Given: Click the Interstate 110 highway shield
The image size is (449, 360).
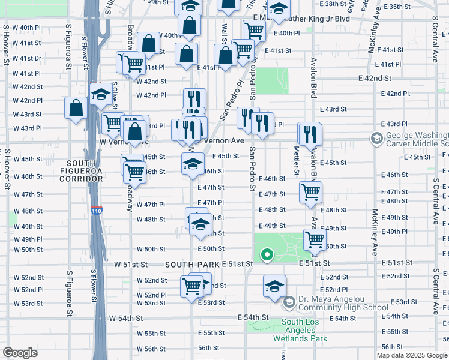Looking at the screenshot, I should click(97, 211).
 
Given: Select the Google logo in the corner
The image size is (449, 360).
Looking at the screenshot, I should click(20, 353).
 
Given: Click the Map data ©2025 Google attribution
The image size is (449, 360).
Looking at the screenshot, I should click(412, 355).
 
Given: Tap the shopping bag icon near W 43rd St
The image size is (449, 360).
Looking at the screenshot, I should click(76, 108).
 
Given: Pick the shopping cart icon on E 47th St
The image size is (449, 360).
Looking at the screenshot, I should click(310, 192).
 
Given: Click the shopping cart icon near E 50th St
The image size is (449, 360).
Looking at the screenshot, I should click(315, 239).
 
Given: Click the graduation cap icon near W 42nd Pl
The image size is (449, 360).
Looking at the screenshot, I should click(100, 94).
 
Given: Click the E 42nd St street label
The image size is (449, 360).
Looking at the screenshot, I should click(375, 79).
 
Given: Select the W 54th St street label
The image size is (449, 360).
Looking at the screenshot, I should click(124, 317).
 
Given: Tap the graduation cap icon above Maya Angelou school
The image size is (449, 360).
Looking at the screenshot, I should click(274, 285).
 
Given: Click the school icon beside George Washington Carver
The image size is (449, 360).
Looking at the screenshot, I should click(377, 140).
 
